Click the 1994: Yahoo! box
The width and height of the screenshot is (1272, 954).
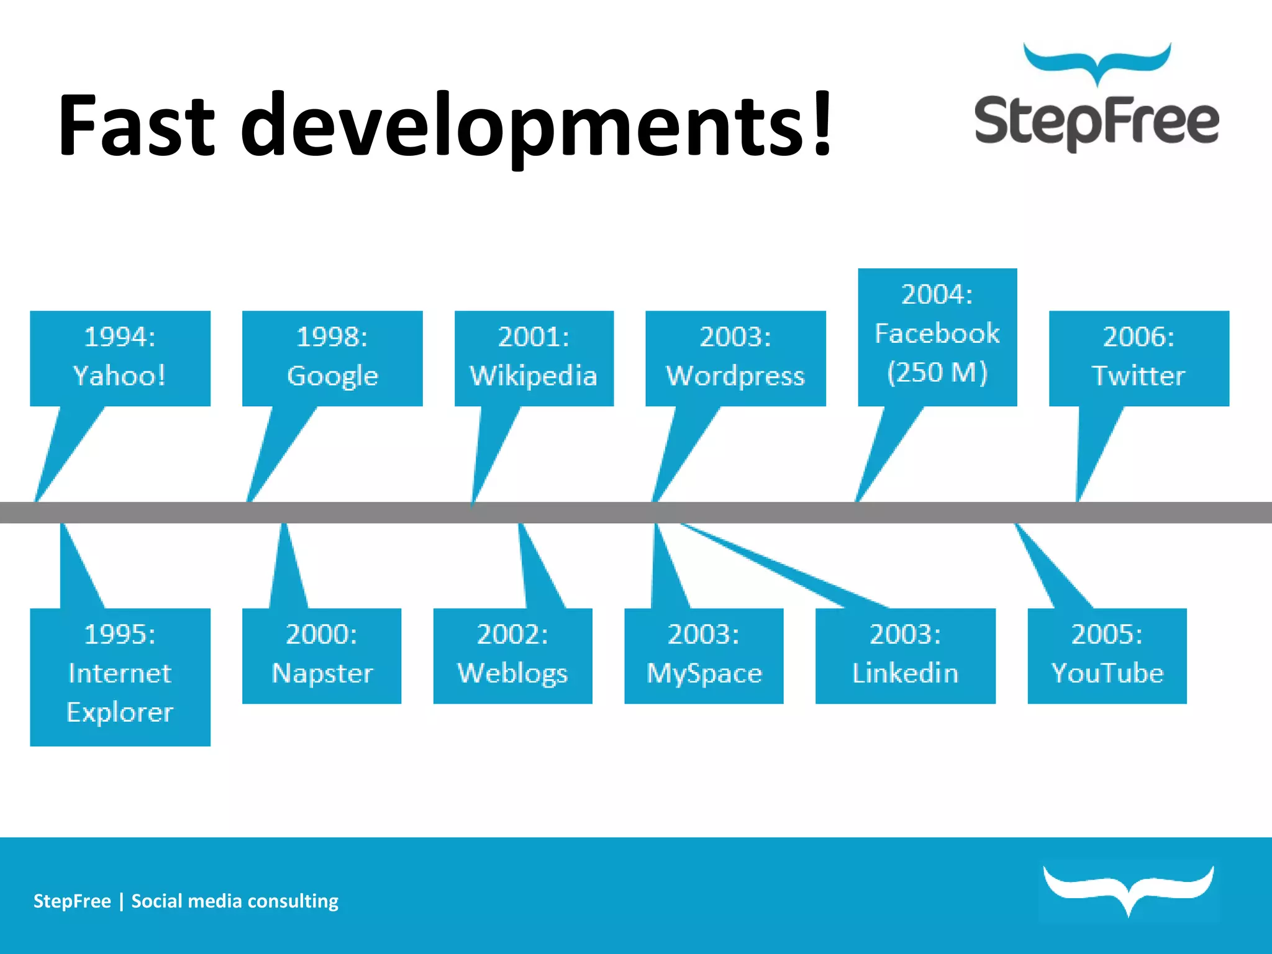point(120,358)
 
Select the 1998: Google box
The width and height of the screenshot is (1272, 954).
point(332,358)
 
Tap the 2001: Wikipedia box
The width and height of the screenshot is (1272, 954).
point(534,358)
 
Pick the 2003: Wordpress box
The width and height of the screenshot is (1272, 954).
point(735,358)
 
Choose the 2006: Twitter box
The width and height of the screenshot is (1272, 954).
point(1138,358)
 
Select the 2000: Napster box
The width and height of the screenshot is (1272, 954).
point(321,655)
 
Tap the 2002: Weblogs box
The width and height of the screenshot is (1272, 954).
point(512,655)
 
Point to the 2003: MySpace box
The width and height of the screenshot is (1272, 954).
point(704,655)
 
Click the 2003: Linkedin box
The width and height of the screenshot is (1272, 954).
point(905,655)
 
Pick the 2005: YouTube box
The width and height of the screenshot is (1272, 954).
point(1107,655)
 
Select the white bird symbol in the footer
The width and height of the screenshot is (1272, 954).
point(1129,888)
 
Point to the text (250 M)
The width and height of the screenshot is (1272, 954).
point(937,373)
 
